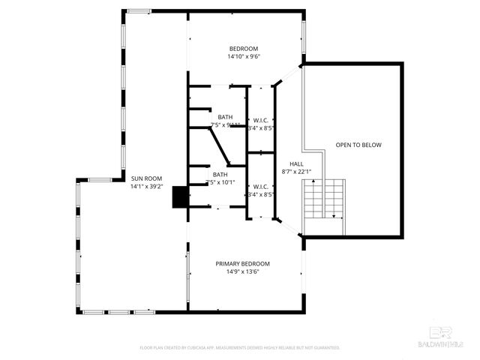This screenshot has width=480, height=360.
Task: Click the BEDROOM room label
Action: [x=243, y=48]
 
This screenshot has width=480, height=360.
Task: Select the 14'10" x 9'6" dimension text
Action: [x=243, y=56]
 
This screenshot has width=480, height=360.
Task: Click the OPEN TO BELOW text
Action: [x=358, y=145]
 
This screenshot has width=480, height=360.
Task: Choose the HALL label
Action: [x=296, y=163]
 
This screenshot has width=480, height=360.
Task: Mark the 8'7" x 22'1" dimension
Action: [x=296, y=171]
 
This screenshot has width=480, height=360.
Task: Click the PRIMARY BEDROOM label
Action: [x=242, y=263]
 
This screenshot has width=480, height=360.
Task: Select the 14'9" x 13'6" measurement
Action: [x=242, y=271]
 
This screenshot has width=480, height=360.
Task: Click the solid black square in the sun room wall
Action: [x=180, y=197]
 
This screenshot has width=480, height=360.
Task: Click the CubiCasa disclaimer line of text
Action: [x=240, y=348]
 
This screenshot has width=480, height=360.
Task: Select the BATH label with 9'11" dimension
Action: [x=225, y=117]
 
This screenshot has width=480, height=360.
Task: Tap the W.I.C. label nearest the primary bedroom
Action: [x=261, y=187]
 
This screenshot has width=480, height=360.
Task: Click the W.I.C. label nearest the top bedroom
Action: [x=261, y=120]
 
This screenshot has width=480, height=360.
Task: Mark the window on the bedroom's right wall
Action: [x=304, y=33]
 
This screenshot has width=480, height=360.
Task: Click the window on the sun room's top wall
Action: [x=137, y=11]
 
